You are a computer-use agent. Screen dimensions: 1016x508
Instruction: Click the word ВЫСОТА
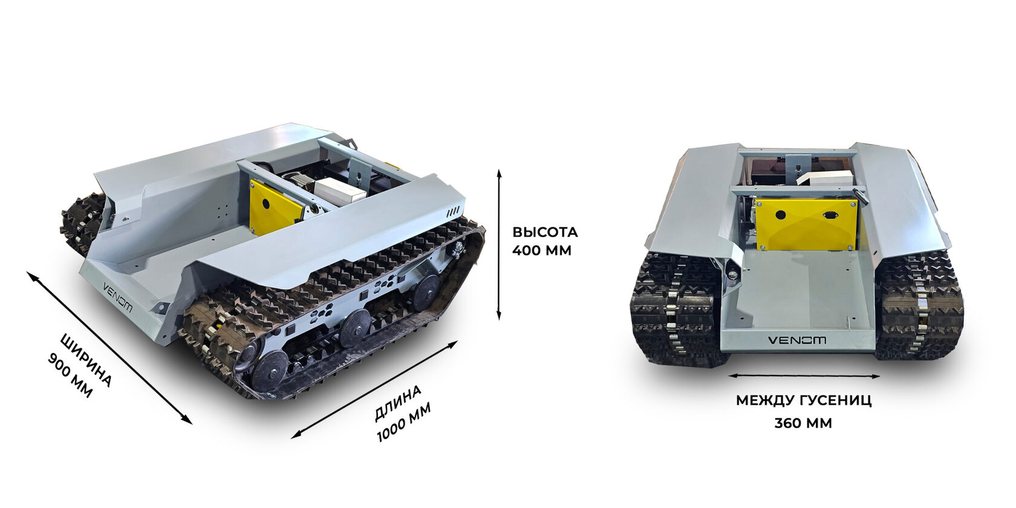(x=545, y=232)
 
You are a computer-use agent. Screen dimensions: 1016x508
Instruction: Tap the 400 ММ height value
(x=542, y=250)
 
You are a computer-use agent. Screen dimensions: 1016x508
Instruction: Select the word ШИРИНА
(x=86, y=360)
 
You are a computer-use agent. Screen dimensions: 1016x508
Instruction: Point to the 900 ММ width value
(x=70, y=376)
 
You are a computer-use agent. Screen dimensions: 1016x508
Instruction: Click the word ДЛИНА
(x=398, y=403)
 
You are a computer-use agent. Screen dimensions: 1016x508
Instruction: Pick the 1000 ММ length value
(x=404, y=423)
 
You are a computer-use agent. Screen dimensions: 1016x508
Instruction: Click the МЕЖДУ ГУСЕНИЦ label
(x=804, y=400)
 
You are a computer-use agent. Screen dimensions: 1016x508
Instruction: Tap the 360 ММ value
(x=803, y=423)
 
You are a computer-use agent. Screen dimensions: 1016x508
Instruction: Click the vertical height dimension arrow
(x=499, y=245)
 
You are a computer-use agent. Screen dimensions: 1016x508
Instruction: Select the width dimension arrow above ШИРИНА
(x=109, y=348)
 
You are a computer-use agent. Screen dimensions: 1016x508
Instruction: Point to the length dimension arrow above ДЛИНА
(x=374, y=389)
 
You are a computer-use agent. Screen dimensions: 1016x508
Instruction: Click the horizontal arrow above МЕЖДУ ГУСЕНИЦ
(x=804, y=376)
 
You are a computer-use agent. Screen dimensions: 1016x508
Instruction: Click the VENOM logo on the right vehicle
(x=797, y=340)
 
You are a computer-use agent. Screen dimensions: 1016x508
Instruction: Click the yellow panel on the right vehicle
(x=807, y=224)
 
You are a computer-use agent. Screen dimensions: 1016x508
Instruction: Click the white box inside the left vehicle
(x=342, y=190)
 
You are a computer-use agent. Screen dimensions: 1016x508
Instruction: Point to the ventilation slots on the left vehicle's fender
(x=453, y=212)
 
